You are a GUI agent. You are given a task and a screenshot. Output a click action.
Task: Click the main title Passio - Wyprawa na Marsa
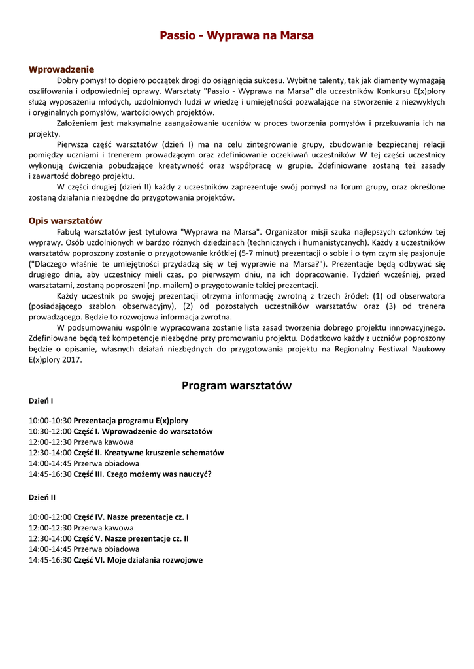[237, 35]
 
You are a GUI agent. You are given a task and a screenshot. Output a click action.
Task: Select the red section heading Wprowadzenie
[61, 69]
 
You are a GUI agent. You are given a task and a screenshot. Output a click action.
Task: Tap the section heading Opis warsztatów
[65, 221]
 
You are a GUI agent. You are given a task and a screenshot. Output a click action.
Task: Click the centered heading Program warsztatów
[237, 386]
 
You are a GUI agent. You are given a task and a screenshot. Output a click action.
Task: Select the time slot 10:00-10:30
[50, 421]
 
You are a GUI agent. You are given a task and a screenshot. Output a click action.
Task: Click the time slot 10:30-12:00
[50, 431]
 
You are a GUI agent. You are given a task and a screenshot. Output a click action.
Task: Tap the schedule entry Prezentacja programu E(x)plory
[131, 421]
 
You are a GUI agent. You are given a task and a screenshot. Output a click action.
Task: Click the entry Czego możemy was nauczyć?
[158, 474]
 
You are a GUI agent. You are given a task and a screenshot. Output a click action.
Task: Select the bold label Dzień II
[42, 497]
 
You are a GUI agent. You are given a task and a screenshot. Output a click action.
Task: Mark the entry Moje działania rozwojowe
[155, 560]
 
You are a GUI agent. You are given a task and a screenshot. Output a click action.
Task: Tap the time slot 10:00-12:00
[50, 517]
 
